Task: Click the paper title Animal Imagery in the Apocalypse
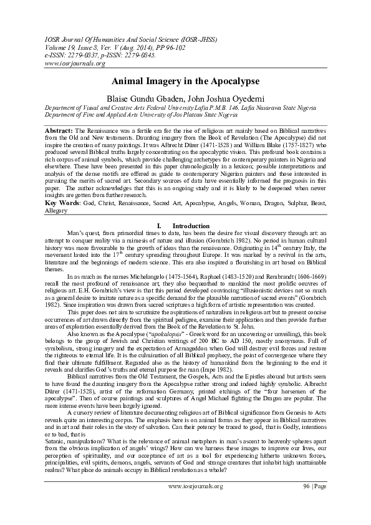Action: click(x=185, y=82)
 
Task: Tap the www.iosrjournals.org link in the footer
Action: click(x=195, y=503)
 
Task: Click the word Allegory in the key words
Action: click(x=58, y=211)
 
